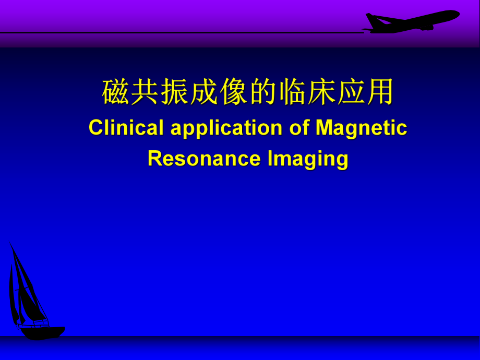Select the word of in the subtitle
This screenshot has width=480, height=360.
pos(299,128)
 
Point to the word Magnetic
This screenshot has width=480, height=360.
pos(361,128)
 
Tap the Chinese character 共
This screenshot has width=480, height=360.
pos(145,93)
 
